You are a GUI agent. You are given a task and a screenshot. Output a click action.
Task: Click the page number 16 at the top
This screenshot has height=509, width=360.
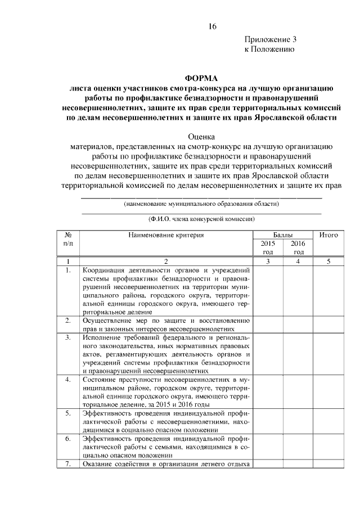pyautogui.click(x=211, y=26)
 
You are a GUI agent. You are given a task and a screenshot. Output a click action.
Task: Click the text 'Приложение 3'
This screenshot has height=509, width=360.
pyautogui.click(x=270, y=40)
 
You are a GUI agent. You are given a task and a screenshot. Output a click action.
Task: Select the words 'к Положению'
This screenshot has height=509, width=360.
pyautogui.click(x=269, y=49)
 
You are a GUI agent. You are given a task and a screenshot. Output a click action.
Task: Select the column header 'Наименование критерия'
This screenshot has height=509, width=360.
pyautogui.click(x=165, y=235)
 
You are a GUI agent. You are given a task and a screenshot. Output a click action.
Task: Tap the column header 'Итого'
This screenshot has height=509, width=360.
pyautogui.click(x=328, y=235)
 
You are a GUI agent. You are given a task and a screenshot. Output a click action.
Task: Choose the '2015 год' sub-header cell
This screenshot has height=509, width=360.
pyautogui.click(x=268, y=248)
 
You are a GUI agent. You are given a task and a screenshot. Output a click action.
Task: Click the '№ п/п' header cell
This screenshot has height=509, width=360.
pyautogui.click(x=67, y=239)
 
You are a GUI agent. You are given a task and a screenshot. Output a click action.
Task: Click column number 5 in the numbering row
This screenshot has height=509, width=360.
pyautogui.click(x=328, y=262)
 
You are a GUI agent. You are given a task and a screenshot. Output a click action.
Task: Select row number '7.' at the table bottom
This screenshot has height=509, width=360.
pyautogui.click(x=67, y=463)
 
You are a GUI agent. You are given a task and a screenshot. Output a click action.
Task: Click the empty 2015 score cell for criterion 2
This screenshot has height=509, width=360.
pyautogui.click(x=268, y=325)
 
